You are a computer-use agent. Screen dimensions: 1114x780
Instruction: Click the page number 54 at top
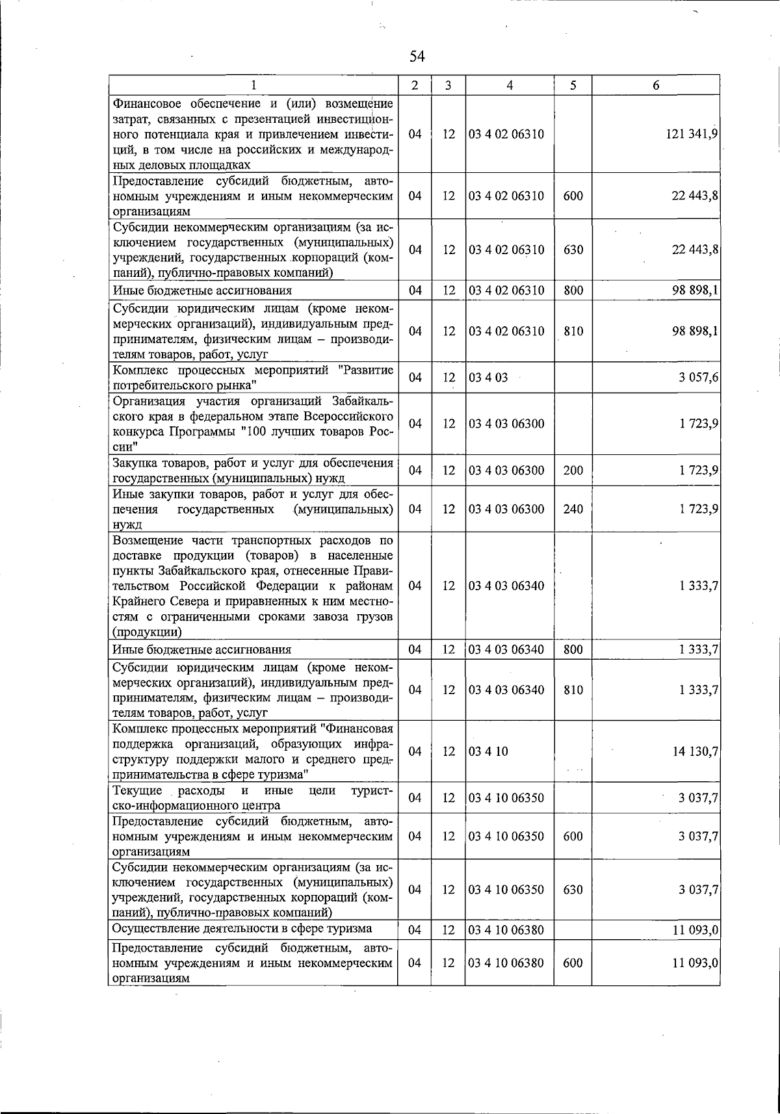pos(417,57)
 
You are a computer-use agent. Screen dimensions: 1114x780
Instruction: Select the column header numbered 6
pos(656,85)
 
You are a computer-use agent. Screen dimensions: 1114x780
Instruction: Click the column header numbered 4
pos(510,85)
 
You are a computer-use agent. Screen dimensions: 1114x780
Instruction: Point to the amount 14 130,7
pos(695,751)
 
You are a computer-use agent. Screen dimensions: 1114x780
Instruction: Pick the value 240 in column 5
pos(573,509)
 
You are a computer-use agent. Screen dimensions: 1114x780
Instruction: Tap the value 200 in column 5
pos(573,471)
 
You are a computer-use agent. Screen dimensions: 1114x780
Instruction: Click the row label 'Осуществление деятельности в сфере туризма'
pos(242,929)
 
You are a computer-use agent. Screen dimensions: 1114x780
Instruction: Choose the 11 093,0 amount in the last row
pos(695,963)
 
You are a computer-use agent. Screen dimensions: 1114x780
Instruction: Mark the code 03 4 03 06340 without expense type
pos(506,586)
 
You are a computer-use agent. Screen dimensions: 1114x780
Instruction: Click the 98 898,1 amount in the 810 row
pos(695,331)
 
